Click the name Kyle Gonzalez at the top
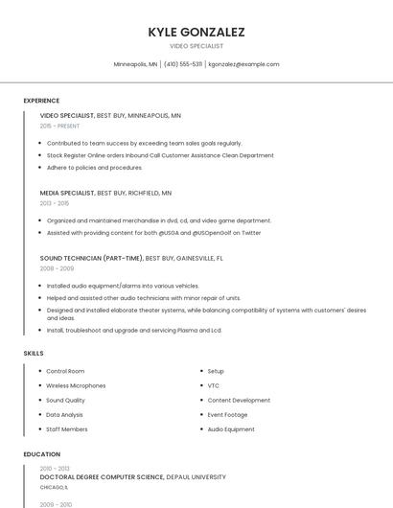tap(196, 32)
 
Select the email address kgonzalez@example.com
tap(243, 64)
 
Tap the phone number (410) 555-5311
tap(183, 64)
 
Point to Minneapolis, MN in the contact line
tap(135, 64)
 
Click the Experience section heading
tap(41, 101)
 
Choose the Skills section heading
tap(34, 354)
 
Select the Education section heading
tap(41, 453)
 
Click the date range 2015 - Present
tap(59, 126)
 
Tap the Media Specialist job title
tap(67, 193)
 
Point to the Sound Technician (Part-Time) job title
tap(91, 258)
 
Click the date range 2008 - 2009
tap(57, 268)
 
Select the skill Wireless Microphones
tap(76, 385)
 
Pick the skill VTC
tap(214, 385)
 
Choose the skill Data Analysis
tap(65, 415)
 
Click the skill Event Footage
tap(228, 415)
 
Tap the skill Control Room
tap(65, 371)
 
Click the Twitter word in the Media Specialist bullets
tap(251, 232)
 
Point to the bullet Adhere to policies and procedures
tap(94, 167)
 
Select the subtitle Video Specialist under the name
tap(196, 46)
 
